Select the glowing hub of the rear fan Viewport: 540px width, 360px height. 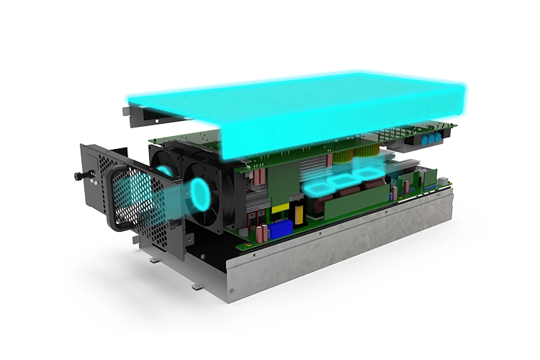tap(165, 171)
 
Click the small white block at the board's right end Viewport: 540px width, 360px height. tap(432, 186)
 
